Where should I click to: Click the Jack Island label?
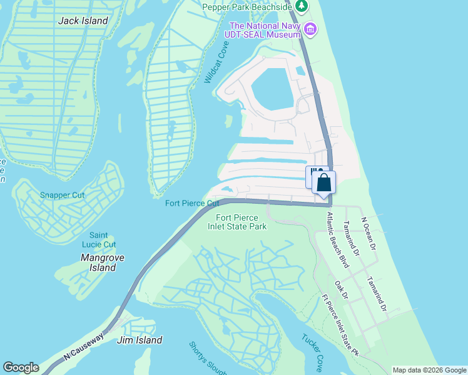[x=83, y=21]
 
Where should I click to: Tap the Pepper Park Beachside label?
[x=247, y=7]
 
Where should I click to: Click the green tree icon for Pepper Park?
[x=302, y=6]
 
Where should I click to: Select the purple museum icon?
[x=310, y=29]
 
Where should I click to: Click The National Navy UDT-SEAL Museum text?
[x=265, y=30]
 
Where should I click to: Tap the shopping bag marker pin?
[x=323, y=183]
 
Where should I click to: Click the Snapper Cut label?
[x=62, y=195]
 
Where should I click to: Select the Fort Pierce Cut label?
[x=192, y=203]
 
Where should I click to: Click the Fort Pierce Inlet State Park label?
[x=241, y=222]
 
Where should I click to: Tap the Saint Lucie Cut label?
[x=103, y=240]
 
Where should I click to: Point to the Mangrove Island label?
[x=103, y=262]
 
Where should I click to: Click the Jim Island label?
[x=140, y=340]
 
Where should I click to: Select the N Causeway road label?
[x=83, y=346]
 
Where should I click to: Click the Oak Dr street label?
[x=342, y=291]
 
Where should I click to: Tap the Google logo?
[x=21, y=367]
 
